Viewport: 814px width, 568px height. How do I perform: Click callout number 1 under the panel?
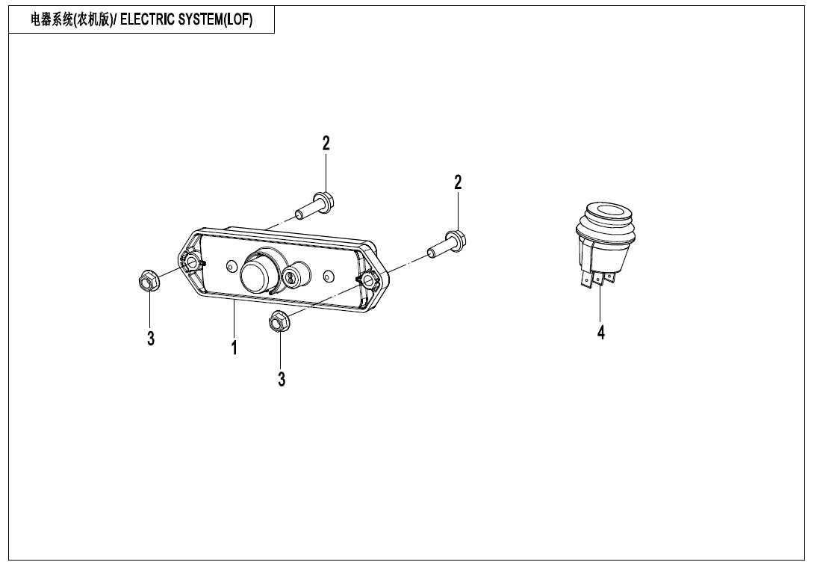pos(234,348)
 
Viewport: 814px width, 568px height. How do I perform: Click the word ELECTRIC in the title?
pos(144,20)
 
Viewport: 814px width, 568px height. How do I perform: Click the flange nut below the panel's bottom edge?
pos(279,321)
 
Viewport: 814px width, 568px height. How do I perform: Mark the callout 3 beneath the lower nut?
pos(282,380)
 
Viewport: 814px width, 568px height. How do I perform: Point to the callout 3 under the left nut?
pos(151,339)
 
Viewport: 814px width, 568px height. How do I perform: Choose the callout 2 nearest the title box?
pos(326,143)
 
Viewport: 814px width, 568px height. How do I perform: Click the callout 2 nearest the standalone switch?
pos(458,182)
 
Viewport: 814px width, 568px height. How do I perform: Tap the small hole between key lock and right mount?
pos(328,277)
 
